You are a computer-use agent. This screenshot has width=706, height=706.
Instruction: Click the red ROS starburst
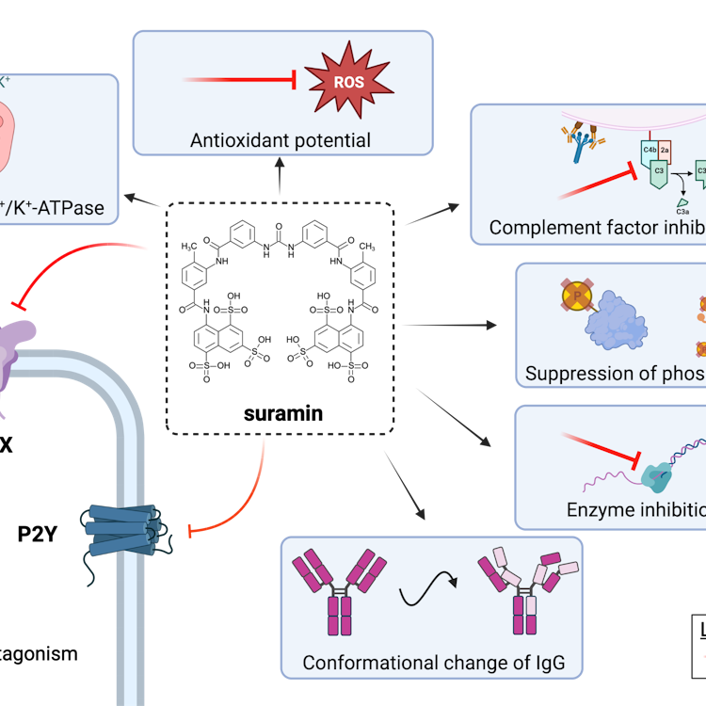coord(348,82)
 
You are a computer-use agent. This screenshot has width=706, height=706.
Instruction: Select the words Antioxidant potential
coord(281,141)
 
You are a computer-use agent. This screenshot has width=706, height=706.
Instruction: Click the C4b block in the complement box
coord(650,150)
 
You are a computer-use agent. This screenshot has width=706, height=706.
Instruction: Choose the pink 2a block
coord(665,150)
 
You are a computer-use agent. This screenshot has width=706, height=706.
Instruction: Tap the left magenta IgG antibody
coord(339,592)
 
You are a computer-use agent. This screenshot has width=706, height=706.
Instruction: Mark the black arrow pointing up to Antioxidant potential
coord(281,176)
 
